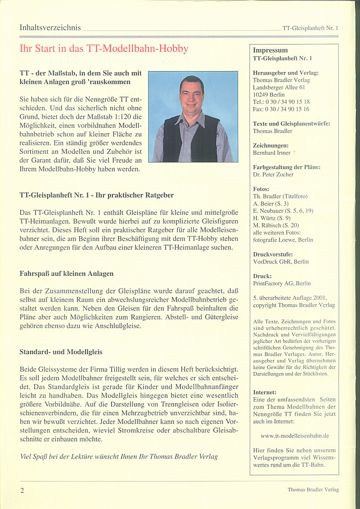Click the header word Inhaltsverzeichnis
(x=50, y=28)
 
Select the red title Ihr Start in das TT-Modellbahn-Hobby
(x=104, y=49)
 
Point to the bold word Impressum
(x=270, y=50)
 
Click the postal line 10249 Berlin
(x=269, y=95)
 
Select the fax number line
(x=281, y=109)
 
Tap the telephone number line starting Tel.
(x=281, y=102)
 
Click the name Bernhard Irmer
(x=272, y=153)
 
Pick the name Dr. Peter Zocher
(x=273, y=174)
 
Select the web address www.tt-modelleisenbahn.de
(x=295, y=436)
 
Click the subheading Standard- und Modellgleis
(x=61, y=352)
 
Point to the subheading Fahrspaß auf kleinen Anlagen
(x=67, y=274)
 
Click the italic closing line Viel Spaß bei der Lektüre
(x=119, y=456)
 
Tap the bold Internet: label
(x=265, y=392)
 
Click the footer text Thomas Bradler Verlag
(x=313, y=490)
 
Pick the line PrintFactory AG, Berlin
(x=282, y=284)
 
